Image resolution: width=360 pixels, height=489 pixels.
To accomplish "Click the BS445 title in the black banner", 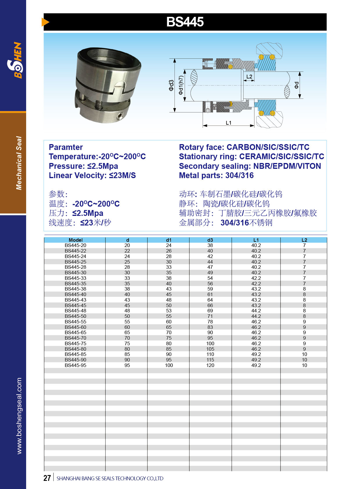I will click(x=185, y=22).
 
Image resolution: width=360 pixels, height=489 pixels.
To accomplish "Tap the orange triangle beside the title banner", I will click(x=45, y=22).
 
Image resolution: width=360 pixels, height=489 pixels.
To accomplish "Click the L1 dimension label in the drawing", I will click(x=228, y=123).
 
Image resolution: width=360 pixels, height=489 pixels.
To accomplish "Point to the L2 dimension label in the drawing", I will click(x=249, y=77).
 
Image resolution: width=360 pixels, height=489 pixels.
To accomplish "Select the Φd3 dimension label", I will click(x=171, y=85).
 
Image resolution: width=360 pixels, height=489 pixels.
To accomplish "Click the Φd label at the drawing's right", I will click(x=296, y=85).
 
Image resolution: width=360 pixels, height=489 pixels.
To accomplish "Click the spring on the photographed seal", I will click(x=99, y=105).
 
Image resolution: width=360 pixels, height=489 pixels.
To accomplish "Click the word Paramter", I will click(x=66, y=147).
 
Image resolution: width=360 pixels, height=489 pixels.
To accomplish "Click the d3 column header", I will click(x=210, y=240).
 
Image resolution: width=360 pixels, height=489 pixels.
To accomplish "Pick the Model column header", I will click(x=75, y=240).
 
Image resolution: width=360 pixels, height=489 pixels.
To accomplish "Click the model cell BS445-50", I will click(x=75, y=316).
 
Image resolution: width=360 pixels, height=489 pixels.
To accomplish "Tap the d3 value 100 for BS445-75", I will click(x=210, y=343).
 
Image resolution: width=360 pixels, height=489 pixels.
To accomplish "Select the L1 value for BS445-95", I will click(x=256, y=365).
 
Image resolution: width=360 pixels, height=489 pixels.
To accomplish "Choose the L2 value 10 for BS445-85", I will click(x=304, y=354).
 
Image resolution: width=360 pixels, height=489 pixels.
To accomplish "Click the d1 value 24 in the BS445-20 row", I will click(x=169, y=245).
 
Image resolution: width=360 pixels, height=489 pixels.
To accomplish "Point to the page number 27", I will click(x=47, y=478).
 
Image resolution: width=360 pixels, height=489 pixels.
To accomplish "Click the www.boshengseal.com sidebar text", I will click(x=19, y=415).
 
